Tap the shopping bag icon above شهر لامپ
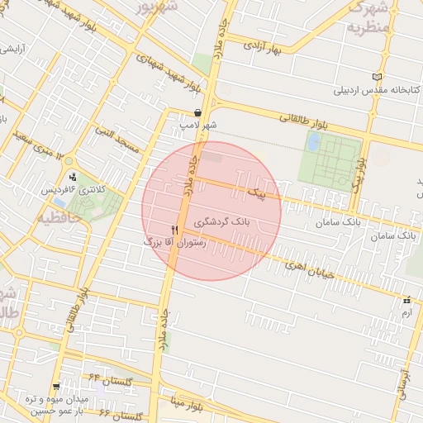(x=198, y=113)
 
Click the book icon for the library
(x=378, y=78)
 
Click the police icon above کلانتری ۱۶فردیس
(x=74, y=177)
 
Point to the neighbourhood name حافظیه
(x=55, y=218)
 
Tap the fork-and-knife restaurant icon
(x=174, y=229)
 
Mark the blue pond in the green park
(x=313, y=141)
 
